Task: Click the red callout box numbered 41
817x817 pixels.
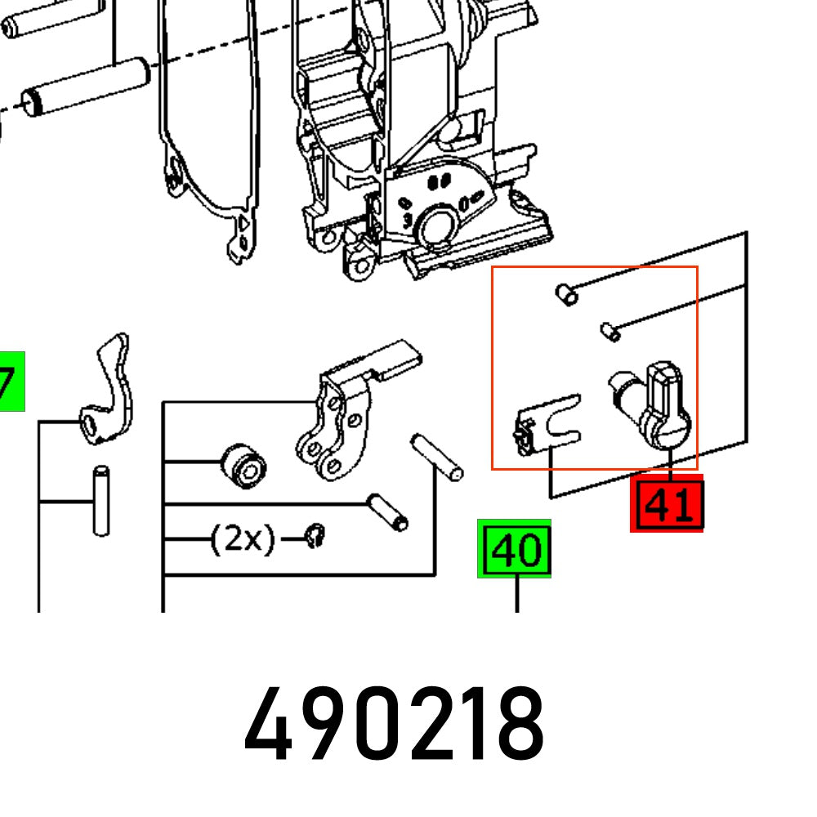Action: (x=667, y=506)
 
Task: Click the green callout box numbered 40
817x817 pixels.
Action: (x=515, y=551)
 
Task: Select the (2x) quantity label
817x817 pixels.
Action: (x=243, y=540)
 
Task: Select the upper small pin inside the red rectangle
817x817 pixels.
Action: (x=565, y=294)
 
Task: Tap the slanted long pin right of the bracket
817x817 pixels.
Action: (x=437, y=458)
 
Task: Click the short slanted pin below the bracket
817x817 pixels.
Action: (x=389, y=511)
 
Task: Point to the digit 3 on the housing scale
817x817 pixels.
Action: (x=406, y=220)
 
